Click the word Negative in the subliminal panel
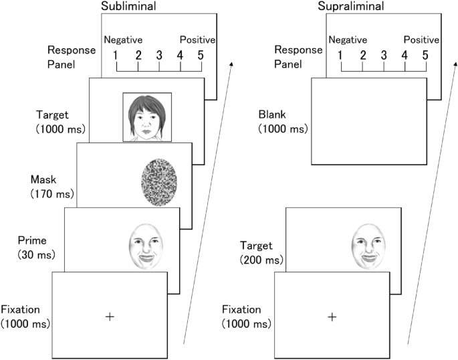pyautogui.click(x=123, y=40)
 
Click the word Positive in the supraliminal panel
pyautogui.click(x=421, y=40)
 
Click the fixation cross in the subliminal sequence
pyautogui.click(x=109, y=316)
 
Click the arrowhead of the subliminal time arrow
pyautogui.click(x=232, y=62)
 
